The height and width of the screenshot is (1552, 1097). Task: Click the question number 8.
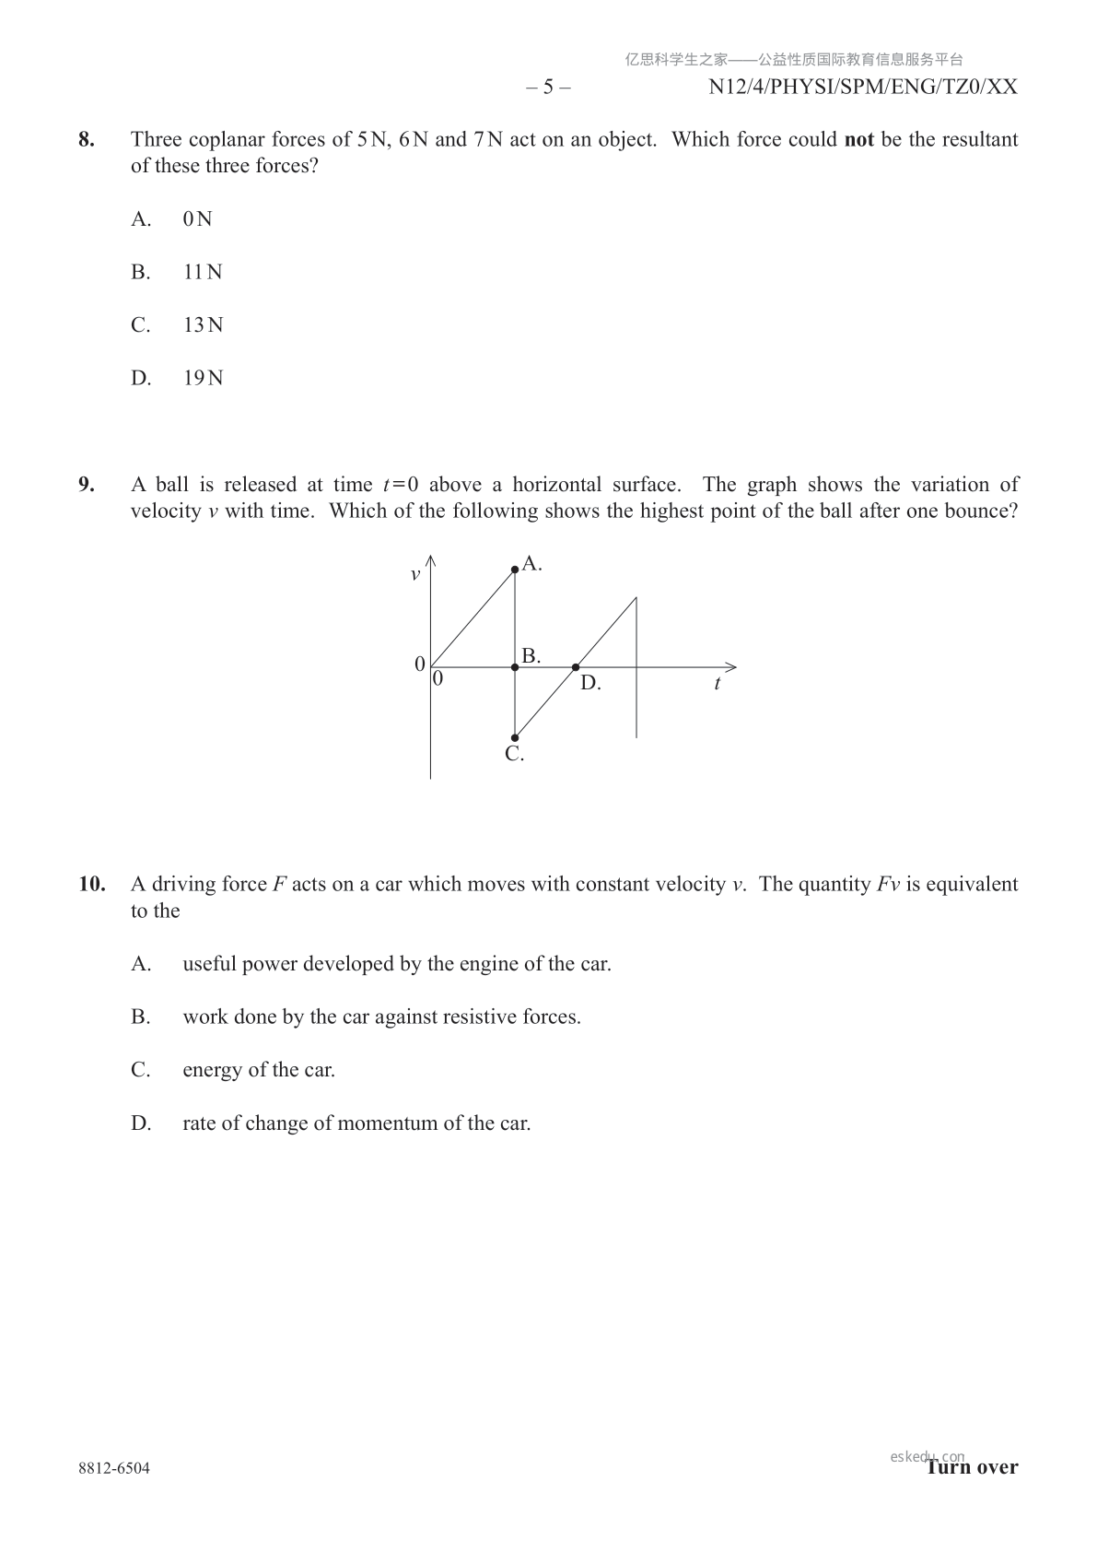[86, 140]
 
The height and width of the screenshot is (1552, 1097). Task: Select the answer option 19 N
[203, 378]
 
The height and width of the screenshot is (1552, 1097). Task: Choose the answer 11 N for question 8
[203, 272]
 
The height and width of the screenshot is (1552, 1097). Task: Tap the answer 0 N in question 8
[197, 219]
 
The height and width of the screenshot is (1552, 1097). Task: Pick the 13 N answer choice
[203, 325]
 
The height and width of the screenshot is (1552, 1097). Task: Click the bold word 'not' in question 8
[858, 140]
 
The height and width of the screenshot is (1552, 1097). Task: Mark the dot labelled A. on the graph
[515, 570]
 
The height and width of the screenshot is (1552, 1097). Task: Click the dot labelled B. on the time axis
[515, 667]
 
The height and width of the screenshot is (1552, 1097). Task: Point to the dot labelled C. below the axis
[515, 737]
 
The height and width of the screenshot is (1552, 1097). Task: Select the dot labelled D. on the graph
[576, 667]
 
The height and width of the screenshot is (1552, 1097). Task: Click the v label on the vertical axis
[414, 575]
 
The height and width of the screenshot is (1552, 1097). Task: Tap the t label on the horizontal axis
[717, 684]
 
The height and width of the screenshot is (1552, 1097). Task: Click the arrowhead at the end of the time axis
[731, 667]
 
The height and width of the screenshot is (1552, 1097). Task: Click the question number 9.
[86, 485]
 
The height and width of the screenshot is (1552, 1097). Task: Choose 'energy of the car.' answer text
[259, 1070]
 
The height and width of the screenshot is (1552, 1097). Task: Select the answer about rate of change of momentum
[356, 1123]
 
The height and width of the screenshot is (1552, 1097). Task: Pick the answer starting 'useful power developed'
[397, 964]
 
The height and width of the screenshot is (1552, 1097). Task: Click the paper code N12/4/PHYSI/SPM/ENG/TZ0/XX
[863, 87]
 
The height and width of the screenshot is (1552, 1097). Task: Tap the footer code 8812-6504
[114, 1468]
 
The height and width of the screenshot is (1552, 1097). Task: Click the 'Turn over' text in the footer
[973, 1467]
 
